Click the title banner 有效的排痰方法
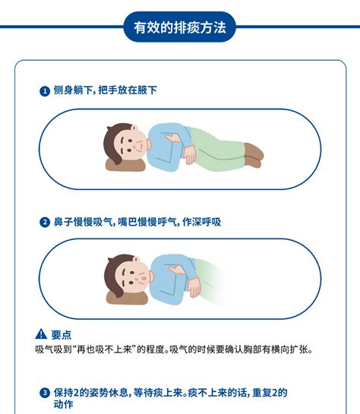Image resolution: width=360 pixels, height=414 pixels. click(180, 27)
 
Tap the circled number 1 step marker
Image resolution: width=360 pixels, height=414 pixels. click(45, 91)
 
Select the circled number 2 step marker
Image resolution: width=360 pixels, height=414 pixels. click(45, 223)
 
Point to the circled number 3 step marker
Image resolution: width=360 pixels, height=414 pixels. click(45, 393)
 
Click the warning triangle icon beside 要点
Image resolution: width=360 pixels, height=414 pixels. click(41, 334)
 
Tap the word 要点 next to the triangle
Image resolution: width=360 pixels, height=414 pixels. click(62, 334)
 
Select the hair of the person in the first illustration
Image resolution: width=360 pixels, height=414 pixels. click(112, 137)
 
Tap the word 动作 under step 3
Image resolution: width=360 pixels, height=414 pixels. click(64, 406)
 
